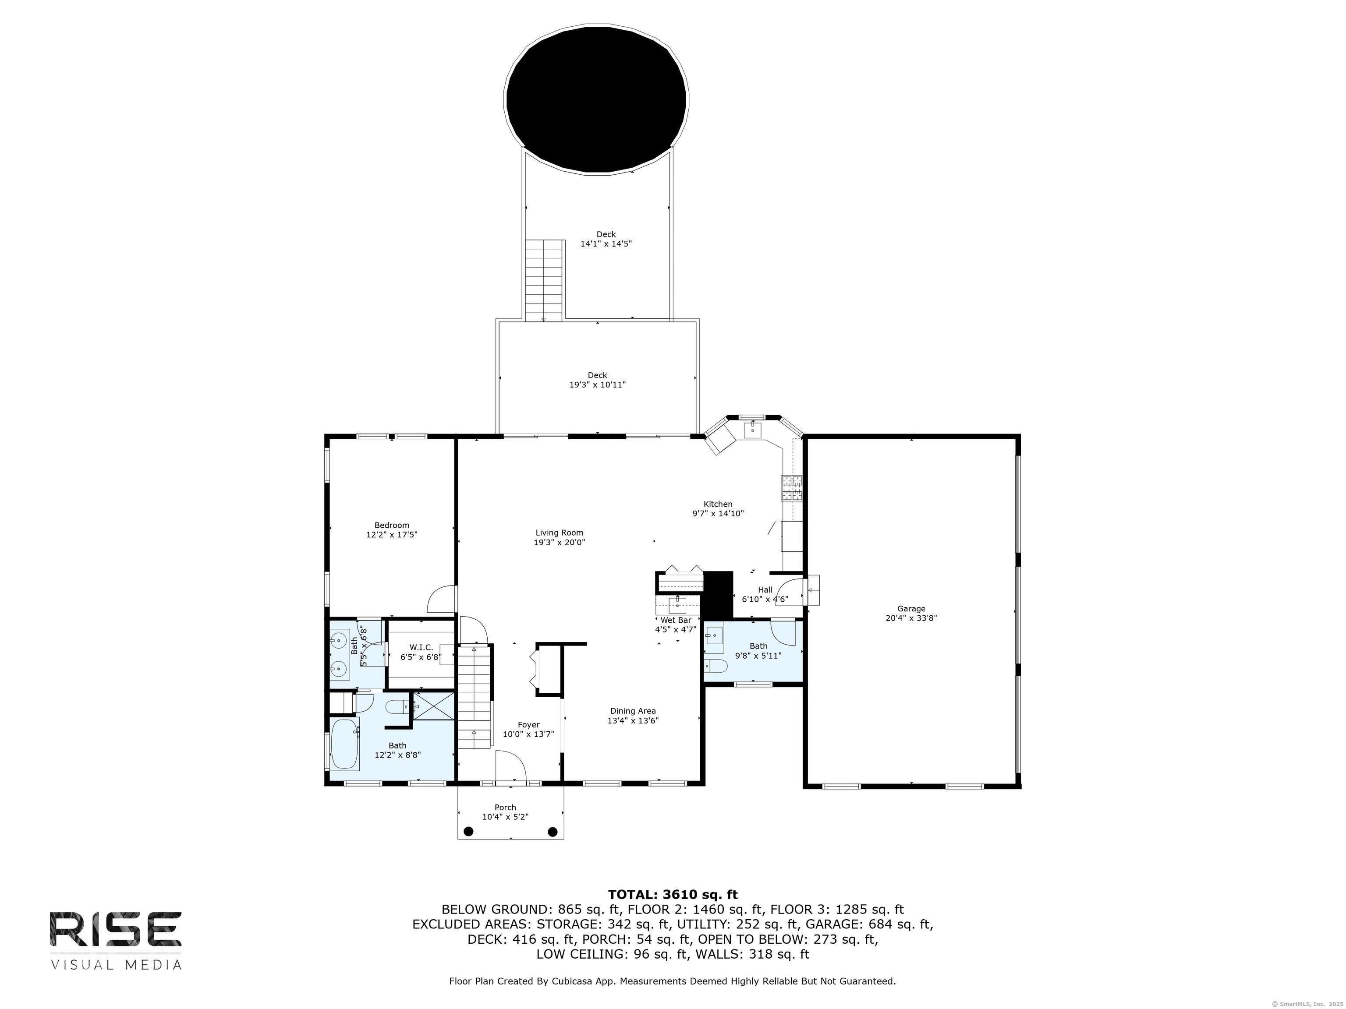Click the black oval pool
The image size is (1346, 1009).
pyautogui.click(x=597, y=100)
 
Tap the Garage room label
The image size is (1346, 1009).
pyautogui.click(x=911, y=608)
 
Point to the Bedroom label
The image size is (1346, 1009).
pyautogui.click(x=392, y=526)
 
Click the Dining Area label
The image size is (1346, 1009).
pyautogui.click(x=633, y=711)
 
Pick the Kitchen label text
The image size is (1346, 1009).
pyautogui.click(x=718, y=504)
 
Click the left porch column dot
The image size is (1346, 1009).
pyautogui.click(x=468, y=831)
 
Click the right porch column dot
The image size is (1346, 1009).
pyautogui.click(x=553, y=831)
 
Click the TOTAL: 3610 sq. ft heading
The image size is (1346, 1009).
pyautogui.click(x=673, y=895)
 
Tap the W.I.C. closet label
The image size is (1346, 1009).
pyautogui.click(x=421, y=648)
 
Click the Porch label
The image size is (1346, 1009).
pyautogui.click(x=506, y=808)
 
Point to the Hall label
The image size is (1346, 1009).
pyautogui.click(x=765, y=590)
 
